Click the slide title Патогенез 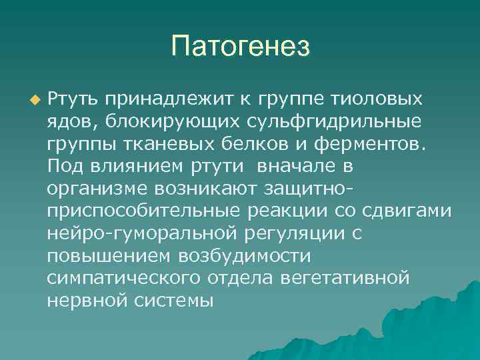click(240, 46)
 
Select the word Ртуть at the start click(73, 99)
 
